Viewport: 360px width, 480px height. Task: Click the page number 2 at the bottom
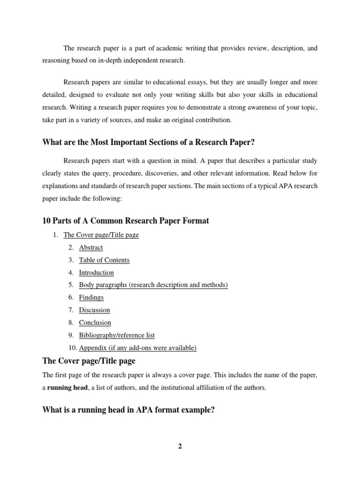180,446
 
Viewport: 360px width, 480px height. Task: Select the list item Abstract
91,247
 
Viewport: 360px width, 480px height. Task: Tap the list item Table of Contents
104,260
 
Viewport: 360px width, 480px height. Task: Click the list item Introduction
96,272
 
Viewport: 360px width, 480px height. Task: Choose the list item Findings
91,297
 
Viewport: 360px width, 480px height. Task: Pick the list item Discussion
94,310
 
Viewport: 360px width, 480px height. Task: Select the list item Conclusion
95,322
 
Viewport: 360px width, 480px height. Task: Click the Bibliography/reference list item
117,335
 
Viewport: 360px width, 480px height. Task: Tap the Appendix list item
138,348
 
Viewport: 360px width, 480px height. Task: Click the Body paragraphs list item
153,285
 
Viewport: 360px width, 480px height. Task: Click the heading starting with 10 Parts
126,220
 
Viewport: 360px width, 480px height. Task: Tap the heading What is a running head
128,410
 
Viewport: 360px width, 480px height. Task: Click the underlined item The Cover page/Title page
101,235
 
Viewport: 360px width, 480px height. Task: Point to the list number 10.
72,348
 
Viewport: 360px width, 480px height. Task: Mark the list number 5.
70,285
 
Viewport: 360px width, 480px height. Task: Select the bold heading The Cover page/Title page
89,361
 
